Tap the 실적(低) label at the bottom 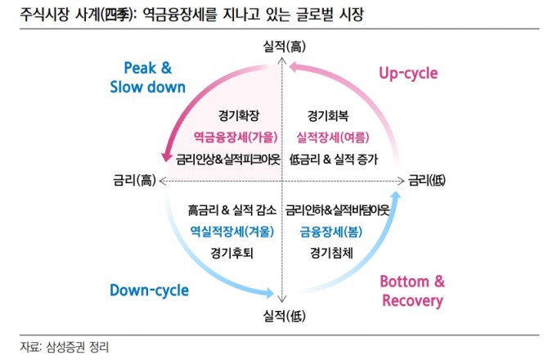(281, 314)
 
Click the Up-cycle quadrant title (407, 73)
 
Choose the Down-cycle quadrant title (149, 290)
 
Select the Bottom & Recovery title (412, 290)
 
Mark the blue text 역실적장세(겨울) (231, 231)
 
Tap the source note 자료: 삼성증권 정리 (65, 346)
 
